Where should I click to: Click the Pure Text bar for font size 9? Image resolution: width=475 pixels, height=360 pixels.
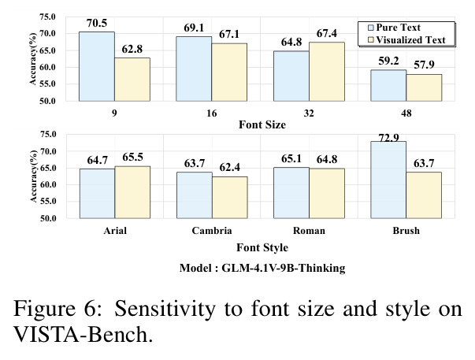click(97, 66)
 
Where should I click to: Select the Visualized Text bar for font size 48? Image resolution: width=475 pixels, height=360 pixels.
click(424, 87)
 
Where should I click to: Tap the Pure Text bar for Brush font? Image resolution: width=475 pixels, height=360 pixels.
click(388, 180)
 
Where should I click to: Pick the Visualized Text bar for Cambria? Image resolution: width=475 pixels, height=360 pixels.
click(230, 197)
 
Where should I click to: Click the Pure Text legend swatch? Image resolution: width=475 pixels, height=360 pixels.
click(371, 28)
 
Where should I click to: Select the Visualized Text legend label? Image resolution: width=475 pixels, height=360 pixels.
click(410, 40)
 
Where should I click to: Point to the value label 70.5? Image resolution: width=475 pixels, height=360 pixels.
click(97, 24)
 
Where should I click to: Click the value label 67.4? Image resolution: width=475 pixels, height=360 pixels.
click(327, 33)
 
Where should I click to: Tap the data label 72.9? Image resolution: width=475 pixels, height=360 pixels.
click(388, 138)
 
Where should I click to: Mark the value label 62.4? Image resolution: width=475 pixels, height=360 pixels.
click(230, 167)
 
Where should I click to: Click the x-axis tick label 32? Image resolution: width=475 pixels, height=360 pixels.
click(309, 113)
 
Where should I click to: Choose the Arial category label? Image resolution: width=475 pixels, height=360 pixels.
click(115, 231)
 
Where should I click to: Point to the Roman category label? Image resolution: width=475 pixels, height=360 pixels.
click(309, 231)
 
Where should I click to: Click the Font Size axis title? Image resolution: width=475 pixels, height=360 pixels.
click(262, 124)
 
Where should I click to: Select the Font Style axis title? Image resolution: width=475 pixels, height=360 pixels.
click(262, 247)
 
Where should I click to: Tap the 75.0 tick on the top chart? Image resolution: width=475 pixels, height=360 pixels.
click(48, 17)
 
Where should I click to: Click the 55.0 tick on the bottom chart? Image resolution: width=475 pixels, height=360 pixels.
click(48, 201)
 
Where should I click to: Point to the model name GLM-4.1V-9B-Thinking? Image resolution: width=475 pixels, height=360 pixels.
click(284, 268)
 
